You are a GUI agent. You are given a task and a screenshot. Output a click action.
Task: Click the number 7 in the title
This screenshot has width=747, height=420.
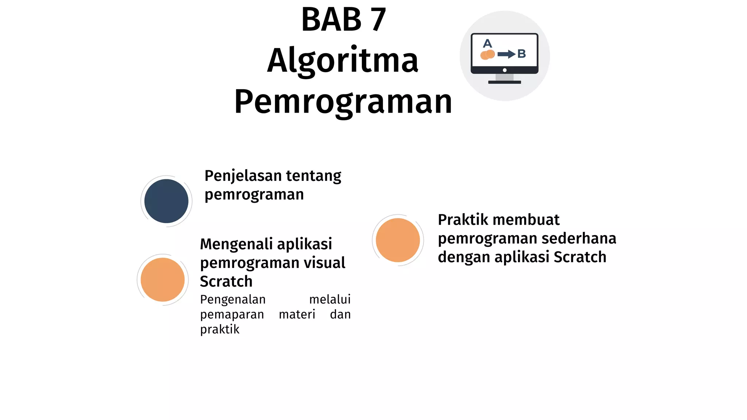(x=378, y=20)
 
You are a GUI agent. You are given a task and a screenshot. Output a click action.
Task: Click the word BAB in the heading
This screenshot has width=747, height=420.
(x=331, y=20)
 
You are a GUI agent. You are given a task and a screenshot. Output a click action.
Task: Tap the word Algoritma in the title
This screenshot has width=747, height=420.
(x=342, y=61)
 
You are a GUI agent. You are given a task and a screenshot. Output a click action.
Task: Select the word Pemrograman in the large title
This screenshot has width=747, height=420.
(x=343, y=102)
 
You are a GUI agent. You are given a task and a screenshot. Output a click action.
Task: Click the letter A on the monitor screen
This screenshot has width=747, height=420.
(x=487, y=44)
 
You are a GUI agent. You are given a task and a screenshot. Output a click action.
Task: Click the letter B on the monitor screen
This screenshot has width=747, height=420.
(x=522, y=54)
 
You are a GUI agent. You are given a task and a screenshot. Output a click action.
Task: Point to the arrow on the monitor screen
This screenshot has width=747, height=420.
(x=506, y=54)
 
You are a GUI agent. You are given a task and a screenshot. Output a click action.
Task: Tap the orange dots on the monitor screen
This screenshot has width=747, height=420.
(x=488, y=55)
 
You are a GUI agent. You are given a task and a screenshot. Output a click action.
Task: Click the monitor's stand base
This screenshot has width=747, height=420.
(x=504, y=82)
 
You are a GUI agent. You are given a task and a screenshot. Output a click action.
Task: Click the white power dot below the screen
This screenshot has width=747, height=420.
(x=504, y=70)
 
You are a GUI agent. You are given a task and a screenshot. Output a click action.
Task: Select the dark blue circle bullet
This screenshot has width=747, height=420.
(x=166, y=201)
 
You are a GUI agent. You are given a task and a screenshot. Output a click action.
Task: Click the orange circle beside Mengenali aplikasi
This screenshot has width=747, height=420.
(x=163, y=280)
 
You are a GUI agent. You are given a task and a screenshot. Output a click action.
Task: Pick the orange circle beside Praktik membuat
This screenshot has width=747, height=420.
(x=398, y=240)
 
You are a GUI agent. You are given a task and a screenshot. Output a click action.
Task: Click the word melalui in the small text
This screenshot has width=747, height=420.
(x=330, y=299)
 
